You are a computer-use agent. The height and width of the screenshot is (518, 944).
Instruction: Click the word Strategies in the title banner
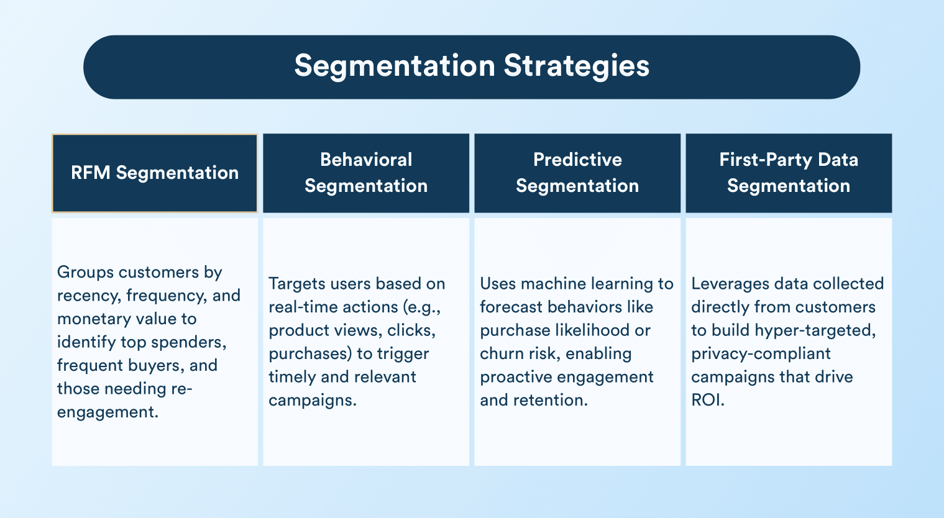click(x=577, y=66)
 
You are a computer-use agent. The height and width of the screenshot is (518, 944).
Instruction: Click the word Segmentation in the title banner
click(x=395, y=65)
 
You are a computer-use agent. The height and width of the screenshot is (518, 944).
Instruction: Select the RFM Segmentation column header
click(x=155, y=173)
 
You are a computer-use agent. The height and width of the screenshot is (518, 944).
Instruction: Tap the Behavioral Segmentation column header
click(x=366, y=173)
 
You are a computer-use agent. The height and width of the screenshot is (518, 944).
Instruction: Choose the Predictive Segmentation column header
click(x=577, y=173)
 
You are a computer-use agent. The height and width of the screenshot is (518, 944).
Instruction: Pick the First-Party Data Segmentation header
click(x=789, y=173)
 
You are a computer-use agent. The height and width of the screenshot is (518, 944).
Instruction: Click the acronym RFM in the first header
click(x=90, y=173)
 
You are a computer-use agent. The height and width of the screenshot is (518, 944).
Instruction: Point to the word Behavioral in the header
click(x=366, y=160)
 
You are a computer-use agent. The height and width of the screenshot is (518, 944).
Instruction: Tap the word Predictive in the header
click(x=577, y=160)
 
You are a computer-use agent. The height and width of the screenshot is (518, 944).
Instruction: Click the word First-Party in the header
click(x=765, y=160)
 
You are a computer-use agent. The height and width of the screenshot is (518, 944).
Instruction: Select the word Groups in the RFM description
click(x=86, y=273)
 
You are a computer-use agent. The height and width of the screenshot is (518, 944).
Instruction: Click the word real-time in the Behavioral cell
click(x=303, y=307)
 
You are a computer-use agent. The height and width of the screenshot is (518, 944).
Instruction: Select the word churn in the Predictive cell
click(x=499, y=353)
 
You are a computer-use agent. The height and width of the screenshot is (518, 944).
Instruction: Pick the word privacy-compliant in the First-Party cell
click(x=761, y=354)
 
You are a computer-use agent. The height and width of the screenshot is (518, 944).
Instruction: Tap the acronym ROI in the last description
click(x=708, y=400)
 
